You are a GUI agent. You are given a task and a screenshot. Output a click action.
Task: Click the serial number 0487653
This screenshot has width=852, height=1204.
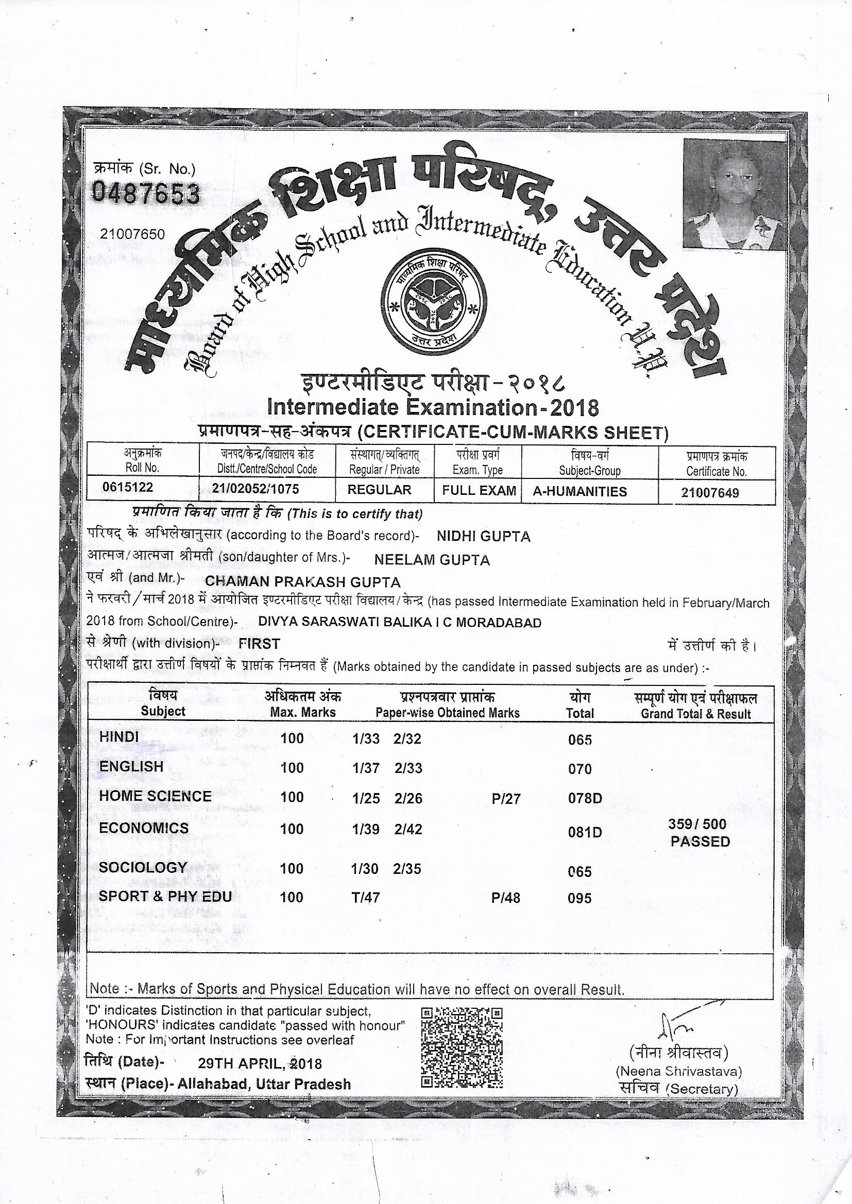tap(146, 195)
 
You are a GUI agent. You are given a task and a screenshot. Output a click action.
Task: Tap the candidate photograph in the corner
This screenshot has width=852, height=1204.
tap(735, 195)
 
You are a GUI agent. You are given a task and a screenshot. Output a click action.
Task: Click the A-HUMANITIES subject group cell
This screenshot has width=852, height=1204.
tap(580, 491)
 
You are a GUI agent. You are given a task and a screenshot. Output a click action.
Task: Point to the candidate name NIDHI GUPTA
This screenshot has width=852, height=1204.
tap(483, 536)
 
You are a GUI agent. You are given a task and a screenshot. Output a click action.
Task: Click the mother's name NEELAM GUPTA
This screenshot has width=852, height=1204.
tap(432, 560)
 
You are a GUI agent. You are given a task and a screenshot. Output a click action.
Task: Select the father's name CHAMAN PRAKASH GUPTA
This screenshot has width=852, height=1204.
tap(303, 582)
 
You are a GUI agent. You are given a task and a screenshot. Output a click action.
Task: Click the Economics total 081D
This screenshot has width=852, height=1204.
tap(585, 833)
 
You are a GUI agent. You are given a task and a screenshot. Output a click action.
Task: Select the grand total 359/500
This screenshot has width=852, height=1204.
tap(697, 824)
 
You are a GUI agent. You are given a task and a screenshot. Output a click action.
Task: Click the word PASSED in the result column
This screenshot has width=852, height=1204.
tap(700, 841)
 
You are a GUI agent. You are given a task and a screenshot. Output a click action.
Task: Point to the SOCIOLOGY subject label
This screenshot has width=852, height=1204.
tap(143, 867)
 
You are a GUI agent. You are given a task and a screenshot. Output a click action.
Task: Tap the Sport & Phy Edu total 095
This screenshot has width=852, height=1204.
tap(579, 898)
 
